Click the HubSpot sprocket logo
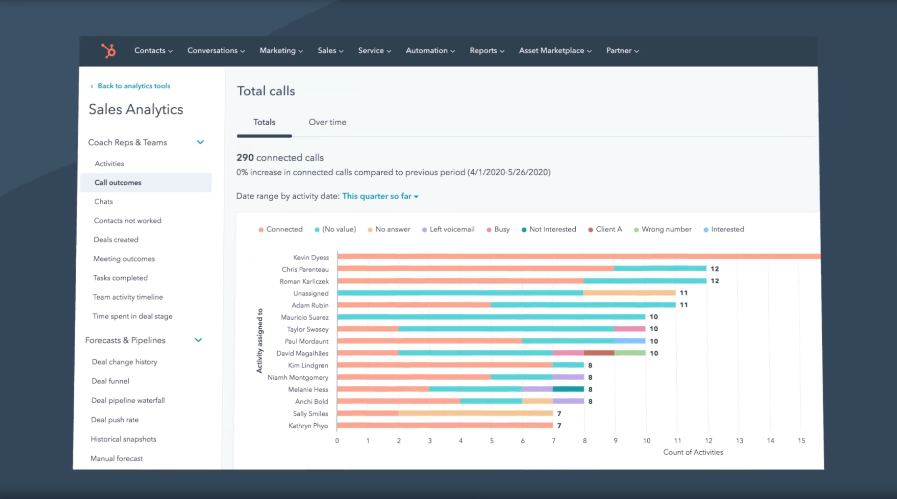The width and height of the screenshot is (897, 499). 108,51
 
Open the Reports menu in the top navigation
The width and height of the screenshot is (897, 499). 486,50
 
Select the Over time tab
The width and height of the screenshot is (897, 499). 327,122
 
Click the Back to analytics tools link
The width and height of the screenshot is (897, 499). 134,86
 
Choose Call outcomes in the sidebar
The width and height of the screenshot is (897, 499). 118,183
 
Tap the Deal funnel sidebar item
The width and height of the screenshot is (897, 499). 110,381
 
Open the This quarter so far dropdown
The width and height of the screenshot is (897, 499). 380,196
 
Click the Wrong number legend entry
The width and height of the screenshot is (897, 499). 666,229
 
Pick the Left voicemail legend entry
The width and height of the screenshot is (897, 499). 452,229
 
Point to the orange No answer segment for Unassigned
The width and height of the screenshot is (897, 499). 629,293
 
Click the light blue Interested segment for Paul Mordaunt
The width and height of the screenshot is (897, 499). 630,341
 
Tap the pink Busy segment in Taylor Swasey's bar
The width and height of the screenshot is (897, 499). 630,329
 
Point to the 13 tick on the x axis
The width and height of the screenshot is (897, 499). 739,441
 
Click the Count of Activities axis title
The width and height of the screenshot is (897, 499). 693,452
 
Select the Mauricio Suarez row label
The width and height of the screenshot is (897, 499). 305,317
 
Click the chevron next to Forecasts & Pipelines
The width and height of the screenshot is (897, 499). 198,340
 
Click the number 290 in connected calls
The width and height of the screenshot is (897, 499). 245,158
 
